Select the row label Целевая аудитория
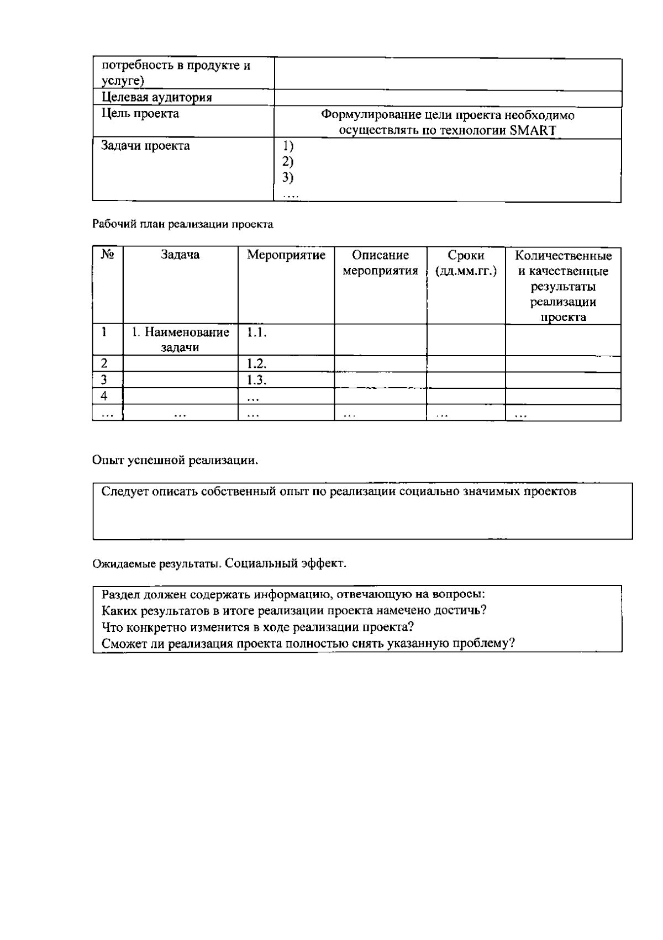(157, 98)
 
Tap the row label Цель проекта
(140, 114)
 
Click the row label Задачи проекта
(146, 146)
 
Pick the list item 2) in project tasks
(287, 162)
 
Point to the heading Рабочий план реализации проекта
(182, 224)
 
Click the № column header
(108, 255)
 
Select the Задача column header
(180, 255)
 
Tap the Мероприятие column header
(286, 255)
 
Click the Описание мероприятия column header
(380, 263)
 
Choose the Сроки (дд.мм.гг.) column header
(466, 263)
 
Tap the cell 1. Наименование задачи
(180, 340)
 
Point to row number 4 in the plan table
(104, 396)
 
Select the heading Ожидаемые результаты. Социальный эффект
(219, 564)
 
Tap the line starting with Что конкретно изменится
(258, 627)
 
